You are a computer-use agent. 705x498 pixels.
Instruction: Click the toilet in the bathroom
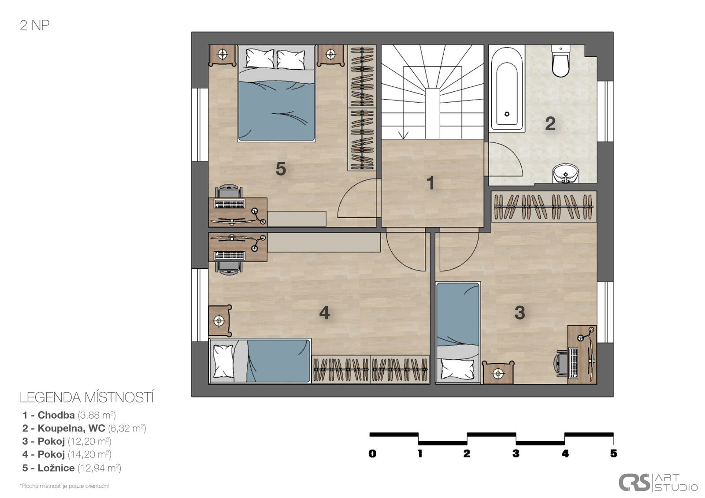click(x=560, y=61)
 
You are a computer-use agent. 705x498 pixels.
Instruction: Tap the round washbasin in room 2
click(x=566, y=174)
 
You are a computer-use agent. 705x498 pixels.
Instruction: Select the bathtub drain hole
click(x=507, y=114)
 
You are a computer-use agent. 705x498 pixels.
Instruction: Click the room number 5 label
click(x=281, y=169)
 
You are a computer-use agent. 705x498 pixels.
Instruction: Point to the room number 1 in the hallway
click(x=430, y=183)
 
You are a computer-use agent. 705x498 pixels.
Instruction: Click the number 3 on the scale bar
click(x=516, y=453)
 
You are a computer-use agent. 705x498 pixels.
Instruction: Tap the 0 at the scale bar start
click(x=372, y=453)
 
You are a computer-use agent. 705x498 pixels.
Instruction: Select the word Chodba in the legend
click(x=56, y=415)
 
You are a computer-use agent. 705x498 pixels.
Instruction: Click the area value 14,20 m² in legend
click(x=90, y=454)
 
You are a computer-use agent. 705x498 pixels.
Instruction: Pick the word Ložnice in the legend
click(x=56, y=468)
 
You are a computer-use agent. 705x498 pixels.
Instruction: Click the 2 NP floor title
click(x=35, y=26)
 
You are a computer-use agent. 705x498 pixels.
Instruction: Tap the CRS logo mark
click(x=634, y=482)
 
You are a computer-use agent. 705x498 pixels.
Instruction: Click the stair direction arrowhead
click(x=403, y=135)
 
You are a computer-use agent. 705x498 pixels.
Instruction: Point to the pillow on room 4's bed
click(x=223, y=361)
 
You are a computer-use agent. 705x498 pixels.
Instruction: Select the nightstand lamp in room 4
click(x=219, y=321)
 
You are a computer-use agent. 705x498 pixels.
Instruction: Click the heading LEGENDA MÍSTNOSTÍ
click(x=87, y=398)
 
